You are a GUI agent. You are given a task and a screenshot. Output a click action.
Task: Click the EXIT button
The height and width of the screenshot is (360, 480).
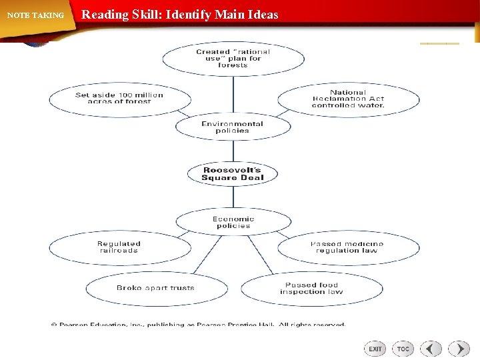(375, 349)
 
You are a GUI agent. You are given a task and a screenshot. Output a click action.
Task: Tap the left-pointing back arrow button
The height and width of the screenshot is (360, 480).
(431, 349)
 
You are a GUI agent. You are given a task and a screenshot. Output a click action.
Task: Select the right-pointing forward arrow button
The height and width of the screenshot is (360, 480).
(459, 349)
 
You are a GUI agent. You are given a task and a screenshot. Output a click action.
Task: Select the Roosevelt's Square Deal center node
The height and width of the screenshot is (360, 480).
(233, 174)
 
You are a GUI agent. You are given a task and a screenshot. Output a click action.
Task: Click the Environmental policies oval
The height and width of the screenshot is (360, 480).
(233, 127)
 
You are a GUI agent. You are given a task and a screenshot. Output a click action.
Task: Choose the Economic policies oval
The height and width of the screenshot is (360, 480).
(233, 222)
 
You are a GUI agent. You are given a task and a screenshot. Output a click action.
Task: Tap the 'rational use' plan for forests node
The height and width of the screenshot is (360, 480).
(233, 59)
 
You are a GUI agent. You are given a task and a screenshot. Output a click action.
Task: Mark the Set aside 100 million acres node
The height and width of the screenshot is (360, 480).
(119, 98)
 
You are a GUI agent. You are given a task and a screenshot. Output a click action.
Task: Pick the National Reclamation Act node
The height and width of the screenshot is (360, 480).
(348, 99)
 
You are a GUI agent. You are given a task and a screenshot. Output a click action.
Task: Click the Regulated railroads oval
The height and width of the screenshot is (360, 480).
(119, 247)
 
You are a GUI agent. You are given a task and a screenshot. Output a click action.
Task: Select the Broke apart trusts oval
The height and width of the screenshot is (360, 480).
(155, 288)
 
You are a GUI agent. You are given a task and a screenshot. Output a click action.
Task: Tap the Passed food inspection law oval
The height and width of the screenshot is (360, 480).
(311, 288)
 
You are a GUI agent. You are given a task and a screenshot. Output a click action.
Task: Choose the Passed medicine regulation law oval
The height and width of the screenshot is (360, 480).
(348, 247)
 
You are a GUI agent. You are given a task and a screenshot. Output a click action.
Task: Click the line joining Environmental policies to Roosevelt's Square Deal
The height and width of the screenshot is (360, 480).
(233, 151)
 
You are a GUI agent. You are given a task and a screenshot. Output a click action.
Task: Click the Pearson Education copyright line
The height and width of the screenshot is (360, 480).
(199, 325)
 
